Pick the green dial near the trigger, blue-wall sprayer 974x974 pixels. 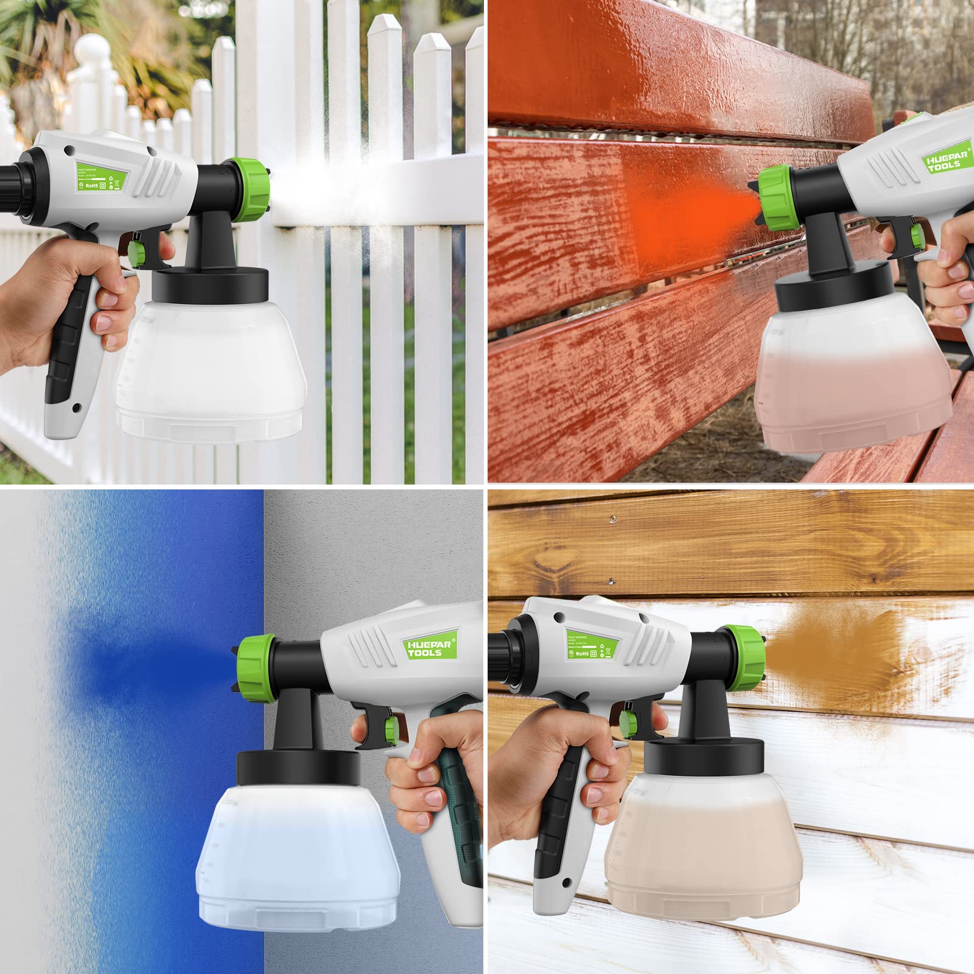pyautogui.click(x=390, y=727)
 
